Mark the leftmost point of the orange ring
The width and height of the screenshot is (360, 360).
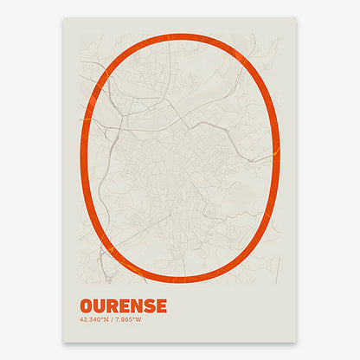[80, 159]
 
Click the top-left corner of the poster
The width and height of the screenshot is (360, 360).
[64, 18]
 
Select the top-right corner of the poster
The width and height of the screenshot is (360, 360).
[296, 18]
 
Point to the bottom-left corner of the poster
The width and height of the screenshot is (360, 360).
[64, 341]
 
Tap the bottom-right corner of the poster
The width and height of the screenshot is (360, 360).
[296, 341]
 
